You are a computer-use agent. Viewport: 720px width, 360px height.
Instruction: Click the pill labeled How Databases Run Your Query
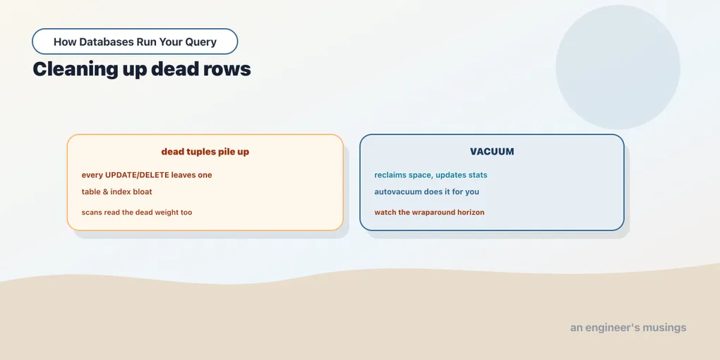pyautogui.click(x=135, y=42)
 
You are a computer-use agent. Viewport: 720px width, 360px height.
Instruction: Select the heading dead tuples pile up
pyautogui.click(x=205, y=152)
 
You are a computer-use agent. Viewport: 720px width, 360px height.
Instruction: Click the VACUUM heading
pyautogui.click(x=492, y=152)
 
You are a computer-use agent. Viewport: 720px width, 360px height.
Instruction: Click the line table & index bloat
pyautogui.click(x=116, y=191)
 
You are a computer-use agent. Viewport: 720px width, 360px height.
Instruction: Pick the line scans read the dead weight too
pyautogui.click(x=137, y=212)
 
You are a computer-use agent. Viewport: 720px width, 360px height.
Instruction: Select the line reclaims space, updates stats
pyautogui.click(x=431, y=175)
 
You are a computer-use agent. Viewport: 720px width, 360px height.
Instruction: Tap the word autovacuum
pyautogui.click(x=398, y=191)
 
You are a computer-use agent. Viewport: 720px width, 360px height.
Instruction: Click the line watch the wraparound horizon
pyautogui.click(x=429, y=212)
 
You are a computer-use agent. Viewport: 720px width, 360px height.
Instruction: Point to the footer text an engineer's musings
pyautogui.click(x=628, y=328)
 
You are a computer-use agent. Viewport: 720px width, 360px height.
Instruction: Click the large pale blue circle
pyautogui.click(x=618, y=67)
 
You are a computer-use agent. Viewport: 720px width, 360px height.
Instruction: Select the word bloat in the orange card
pyautogui.click(x=142, y=191)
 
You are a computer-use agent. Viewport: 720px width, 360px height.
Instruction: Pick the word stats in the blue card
pyautogui.click(x=477, y=175)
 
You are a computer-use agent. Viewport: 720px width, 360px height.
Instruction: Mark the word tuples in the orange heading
pyautogui.click(x=198, y=152)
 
